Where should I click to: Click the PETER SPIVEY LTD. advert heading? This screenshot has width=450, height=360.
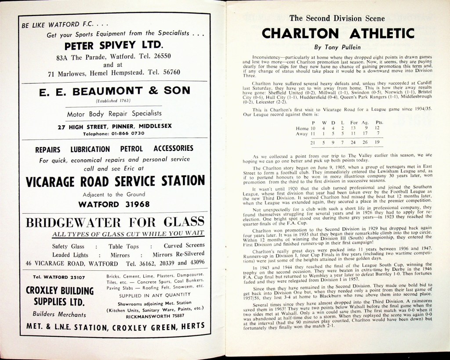pos(113,45)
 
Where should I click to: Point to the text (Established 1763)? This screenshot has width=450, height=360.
pos(114,101)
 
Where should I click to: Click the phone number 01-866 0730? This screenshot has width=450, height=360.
pos(127,133)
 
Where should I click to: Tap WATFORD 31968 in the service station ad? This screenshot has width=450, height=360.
pos(114,204)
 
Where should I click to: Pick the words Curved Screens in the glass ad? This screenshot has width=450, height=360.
pos(184,246)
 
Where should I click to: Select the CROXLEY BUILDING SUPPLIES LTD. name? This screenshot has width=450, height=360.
pos(60,296)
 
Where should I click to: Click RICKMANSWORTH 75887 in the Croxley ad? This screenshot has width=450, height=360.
pos(155,315)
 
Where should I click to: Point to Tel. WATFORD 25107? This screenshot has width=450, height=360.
pos(59,277)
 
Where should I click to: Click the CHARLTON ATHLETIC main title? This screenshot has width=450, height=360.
pos(337,33)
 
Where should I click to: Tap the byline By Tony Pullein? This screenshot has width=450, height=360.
pos(337,47)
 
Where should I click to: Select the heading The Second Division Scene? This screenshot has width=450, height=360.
pos(337,18)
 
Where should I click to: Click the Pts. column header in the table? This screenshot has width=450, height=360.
pos(379,122)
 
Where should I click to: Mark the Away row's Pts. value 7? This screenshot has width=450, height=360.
pos(378,133)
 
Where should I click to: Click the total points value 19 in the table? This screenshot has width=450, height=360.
pos(377,143)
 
